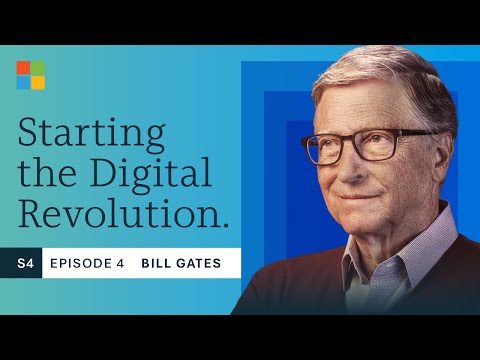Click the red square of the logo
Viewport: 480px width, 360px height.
(23, 67)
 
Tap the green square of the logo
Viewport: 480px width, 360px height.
(38, 67)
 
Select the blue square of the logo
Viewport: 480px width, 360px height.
(23, 82)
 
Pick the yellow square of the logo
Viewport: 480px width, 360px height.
(38, 82)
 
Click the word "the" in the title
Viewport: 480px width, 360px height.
(44, 173)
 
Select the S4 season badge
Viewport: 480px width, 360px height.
(21, 263)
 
